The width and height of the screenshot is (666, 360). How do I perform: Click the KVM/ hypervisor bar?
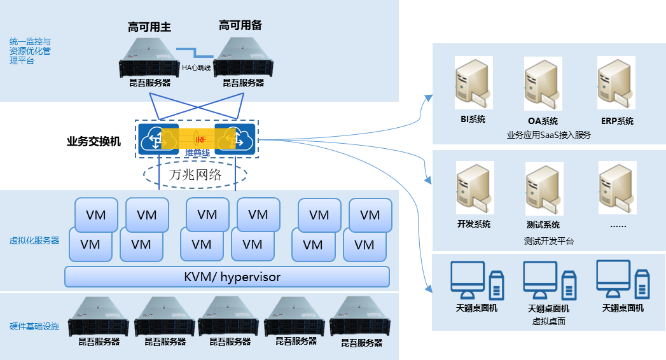pos(227,277)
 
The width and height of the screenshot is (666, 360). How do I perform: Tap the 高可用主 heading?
pos(150,27)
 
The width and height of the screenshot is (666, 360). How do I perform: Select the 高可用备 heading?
pos(240,25)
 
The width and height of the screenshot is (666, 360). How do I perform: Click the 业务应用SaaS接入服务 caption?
pos(548,135)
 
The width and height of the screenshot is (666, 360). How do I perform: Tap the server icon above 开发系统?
pos(475,188)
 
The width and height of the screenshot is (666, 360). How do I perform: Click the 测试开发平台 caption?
pos(548,241)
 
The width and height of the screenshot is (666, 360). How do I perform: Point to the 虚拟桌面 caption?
pos(548,321)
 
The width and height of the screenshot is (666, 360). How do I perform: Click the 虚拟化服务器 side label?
pos(34,240)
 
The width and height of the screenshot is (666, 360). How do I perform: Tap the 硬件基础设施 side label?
pos(34,326)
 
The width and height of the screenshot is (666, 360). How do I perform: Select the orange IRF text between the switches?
pos(199,139)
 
